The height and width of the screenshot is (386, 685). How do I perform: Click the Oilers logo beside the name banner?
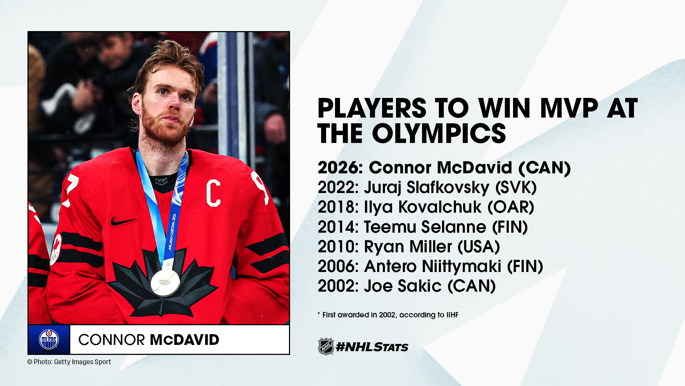(x=49, y=339)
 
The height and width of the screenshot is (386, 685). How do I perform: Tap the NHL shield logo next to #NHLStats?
(x=326, y=346)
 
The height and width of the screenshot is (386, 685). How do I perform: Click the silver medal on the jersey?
(x=165, y=282)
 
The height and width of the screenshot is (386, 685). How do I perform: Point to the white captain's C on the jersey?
(x=213, y=193)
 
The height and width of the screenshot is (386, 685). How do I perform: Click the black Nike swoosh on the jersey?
(x=122, y=221)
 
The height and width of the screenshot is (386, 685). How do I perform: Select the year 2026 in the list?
(x=340, y=167)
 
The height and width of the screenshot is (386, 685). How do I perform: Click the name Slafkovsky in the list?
(x=448, y=188)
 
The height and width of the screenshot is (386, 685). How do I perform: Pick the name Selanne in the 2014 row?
(x=453, y=227)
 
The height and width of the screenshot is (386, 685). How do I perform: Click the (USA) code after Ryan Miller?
(x=479, y=247)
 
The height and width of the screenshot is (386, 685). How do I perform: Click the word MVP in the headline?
(x=569, y=108)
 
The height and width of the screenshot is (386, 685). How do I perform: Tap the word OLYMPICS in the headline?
(x=439, y=133)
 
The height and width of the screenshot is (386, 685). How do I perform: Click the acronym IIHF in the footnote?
(x=452, y=315)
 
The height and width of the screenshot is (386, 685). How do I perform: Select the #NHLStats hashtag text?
(x=372, y=347)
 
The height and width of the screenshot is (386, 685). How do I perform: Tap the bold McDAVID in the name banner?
(x=184, y=340)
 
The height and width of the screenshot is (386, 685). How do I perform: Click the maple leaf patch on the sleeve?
(x=56, y=249)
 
